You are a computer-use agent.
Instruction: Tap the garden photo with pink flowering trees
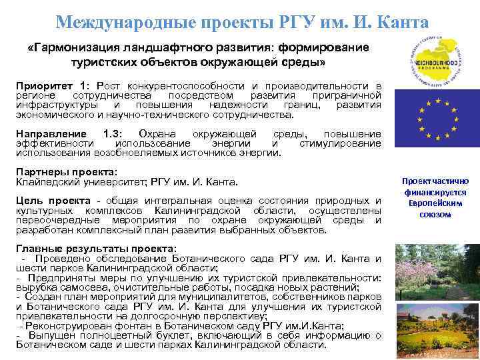tap(437, 271)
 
